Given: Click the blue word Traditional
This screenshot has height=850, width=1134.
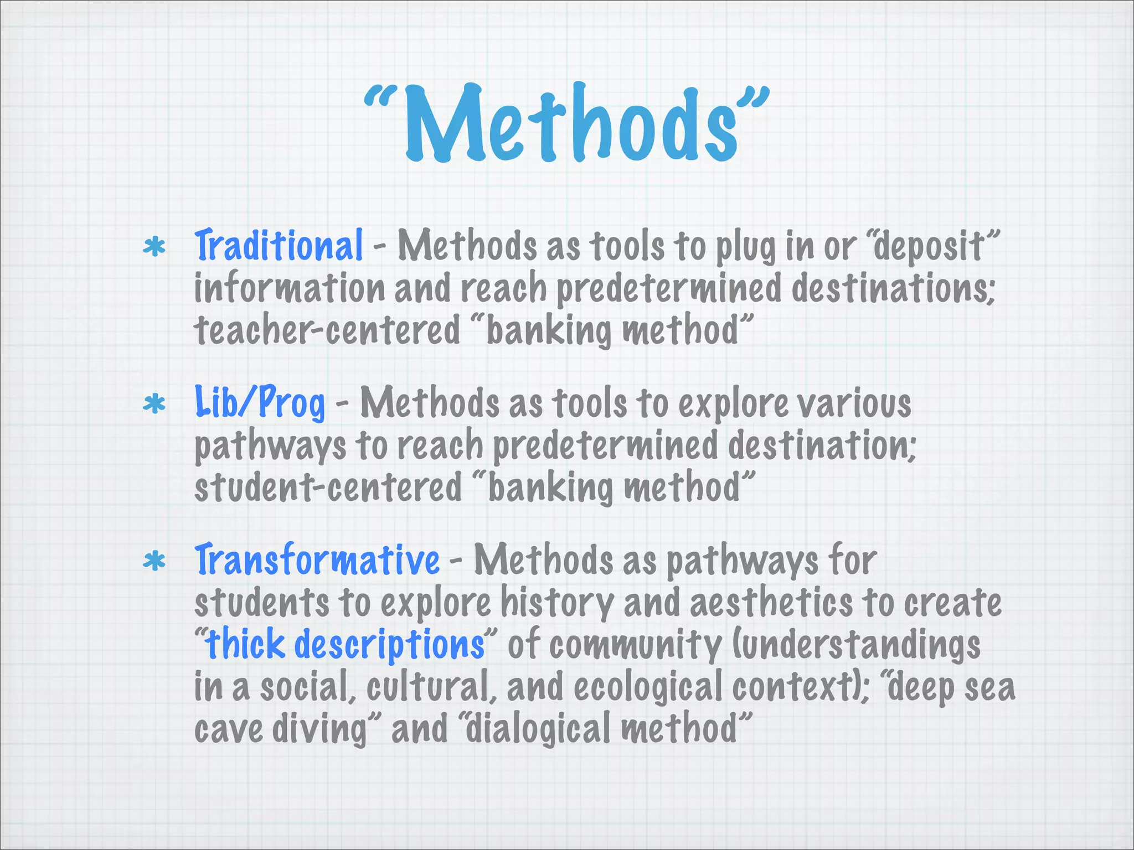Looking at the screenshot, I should [x=279, y=245].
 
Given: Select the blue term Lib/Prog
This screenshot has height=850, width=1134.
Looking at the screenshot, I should [x=260, y=402].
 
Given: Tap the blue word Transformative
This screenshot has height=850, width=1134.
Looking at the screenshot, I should [x=317, y=560].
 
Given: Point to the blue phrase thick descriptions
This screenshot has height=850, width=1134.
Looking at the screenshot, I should [x=345, y=645].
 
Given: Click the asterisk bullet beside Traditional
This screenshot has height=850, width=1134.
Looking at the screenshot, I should [x=154, y=247].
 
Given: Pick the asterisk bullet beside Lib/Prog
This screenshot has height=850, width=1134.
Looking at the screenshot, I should [x=154, y=404].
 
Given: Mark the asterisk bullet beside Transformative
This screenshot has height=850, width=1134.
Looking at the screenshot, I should [x=154, y=562].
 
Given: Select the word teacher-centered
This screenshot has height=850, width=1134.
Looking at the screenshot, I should [x=327, y=330].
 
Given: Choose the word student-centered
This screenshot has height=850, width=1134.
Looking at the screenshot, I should [x=328, y=488].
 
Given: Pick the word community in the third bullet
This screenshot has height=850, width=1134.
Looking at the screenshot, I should [x=636, y=645].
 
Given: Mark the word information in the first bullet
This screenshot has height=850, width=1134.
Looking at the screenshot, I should [x=289, y=288].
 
